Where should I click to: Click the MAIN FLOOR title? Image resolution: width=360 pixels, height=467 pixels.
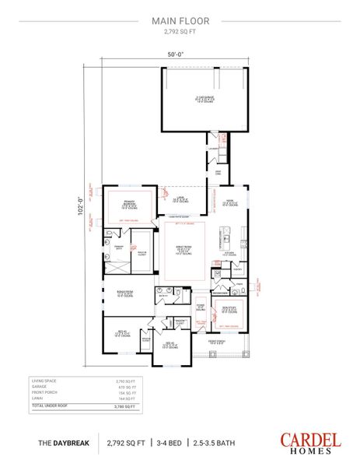pyautogui.click(x=180, y=23)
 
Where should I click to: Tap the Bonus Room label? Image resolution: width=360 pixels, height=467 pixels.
pyautogui.click(x=125, y=293)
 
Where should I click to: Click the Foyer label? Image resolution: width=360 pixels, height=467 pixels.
pyautogui.click(x=200, y=307)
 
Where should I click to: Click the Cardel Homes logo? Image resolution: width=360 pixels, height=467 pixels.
pyautogui.click(x=309, y=441)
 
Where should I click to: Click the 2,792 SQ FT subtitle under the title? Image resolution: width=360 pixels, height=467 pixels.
pyautogui.click(x=180, y=34)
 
